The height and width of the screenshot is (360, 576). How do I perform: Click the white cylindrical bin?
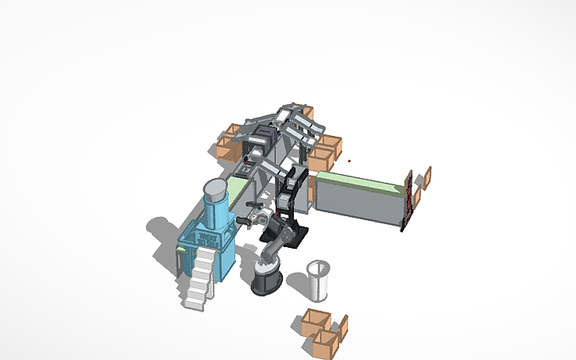point(319,279)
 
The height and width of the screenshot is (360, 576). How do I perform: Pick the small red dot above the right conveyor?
point(350,162)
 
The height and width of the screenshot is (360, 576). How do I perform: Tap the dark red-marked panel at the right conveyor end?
point(408,202)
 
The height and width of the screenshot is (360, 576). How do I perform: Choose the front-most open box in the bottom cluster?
point(326,342)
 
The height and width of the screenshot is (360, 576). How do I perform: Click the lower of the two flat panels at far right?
point(416,197)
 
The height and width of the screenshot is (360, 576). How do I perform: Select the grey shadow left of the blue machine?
point(163,234)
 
